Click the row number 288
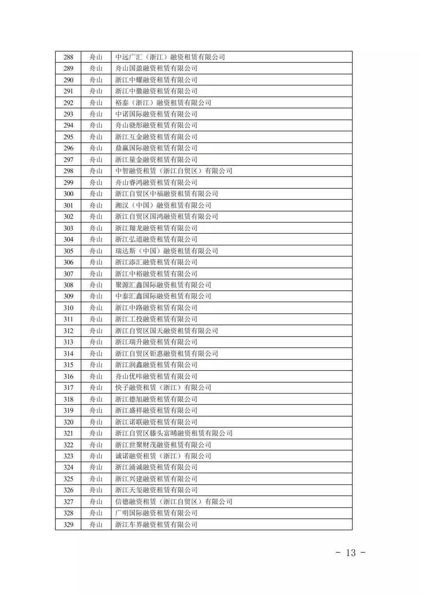[68, 57]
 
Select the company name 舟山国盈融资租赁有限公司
[156, 68]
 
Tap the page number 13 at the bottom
[351, 552]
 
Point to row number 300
[68, 194]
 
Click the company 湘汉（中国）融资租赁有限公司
[163, 205]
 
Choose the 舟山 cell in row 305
[96, 251]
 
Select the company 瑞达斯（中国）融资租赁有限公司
[166, 251]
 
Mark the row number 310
[68, 308]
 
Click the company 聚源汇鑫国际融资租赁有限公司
[163, 285]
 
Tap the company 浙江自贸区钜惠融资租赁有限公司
[166, 353]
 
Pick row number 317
[68, 388]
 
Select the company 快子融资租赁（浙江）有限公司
[163, 388]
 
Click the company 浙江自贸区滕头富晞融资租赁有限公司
[174, 433]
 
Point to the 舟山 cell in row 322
[96, 445]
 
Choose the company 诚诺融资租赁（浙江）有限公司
[163, 456]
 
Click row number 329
[68, 525]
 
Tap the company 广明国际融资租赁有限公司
[156, 513]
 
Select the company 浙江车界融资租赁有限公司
[156, 525]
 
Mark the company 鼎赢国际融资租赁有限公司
[156, 148]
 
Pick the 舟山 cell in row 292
[96, 103]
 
